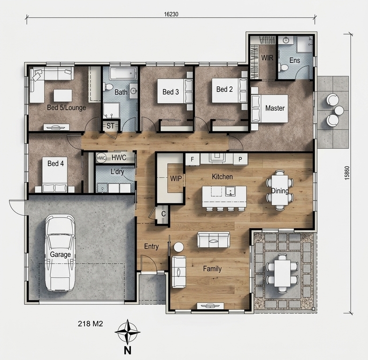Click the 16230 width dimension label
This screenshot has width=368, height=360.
[x=171, y=14]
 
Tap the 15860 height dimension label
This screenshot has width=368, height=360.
[x=347, y=173]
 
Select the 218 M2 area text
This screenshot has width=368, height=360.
[x=90, y=323]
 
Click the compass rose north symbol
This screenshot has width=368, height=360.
[x=128, y=332]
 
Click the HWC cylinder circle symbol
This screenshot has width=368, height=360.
[x=101, y=158]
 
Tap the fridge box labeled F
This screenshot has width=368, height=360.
[x=192, y=159]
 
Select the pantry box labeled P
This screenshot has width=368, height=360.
[x=240, y=159]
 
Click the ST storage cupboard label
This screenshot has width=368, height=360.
[x=110, y=126]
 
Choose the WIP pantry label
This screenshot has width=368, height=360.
[x=176, y=178]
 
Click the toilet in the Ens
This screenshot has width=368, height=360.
[x=284, y=68]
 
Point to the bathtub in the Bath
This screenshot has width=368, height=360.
[x=123, y=73]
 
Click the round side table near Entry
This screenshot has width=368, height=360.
[x=179, y=247]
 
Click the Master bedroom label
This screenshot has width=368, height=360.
[x=275, y=108]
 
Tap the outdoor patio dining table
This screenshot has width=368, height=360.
[x=283, y=273]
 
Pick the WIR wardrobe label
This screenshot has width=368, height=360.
[x=267, y=58]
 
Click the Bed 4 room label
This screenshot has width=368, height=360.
[x=55, y=163]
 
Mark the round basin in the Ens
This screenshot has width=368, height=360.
[x=286, y=40]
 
